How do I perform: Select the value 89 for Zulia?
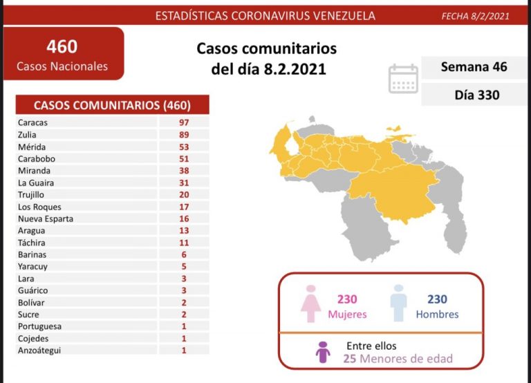pyautogui.click(x=183, y=135)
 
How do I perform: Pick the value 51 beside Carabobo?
pyautogui.click(x=183, y=159)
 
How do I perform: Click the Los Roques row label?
pyautogui.click(x=40, y=207)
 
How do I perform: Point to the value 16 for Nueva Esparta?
pyautogui.click(x=183, y=218)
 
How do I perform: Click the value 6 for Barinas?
pyautogui.click(x=183, y=254)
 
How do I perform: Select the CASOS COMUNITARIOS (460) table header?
pyautogui.click(x=112, y=105)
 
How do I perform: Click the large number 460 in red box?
pyautogui.click(x=62, y=47)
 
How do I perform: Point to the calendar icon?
pyautogui.click(x=403, y=78)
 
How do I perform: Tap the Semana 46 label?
pyautogui.click(x=474, y=67)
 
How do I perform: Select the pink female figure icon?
pyautogui.click(x=311, y=303)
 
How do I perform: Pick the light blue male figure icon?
pyautogui.click(x=398, y=303)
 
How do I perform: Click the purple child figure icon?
pyautogui.click(x=322, y=352)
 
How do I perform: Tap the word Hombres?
pyautogui.click(x=437, y=314)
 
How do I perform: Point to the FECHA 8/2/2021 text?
pyautogui.click(x=475, y=16)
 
